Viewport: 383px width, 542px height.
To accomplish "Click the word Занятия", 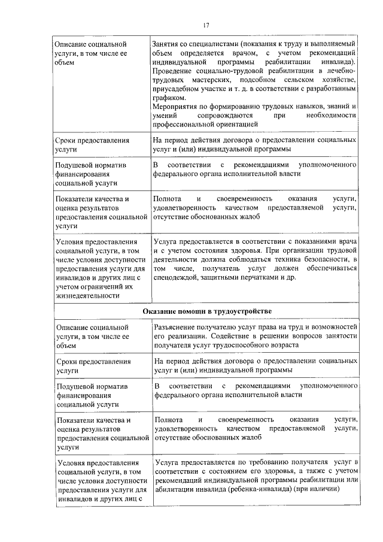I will pos(167,44).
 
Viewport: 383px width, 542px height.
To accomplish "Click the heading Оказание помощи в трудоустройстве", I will pos(208,311).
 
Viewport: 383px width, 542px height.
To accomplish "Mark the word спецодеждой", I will pos(176,278).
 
